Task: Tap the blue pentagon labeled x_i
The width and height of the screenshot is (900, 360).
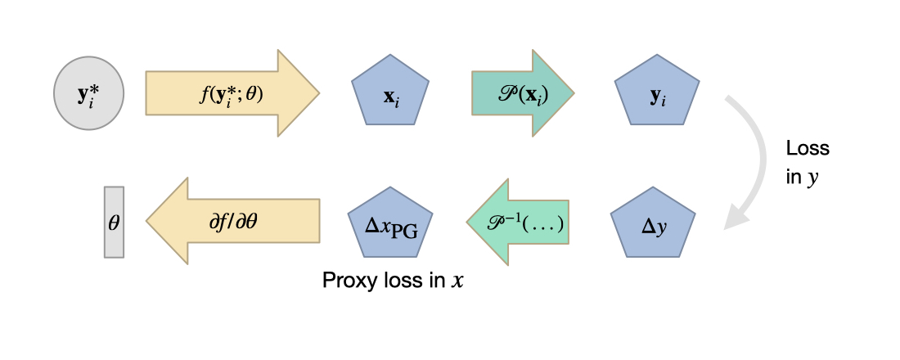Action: [391, 95]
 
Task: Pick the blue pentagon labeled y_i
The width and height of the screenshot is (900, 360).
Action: [656, 95]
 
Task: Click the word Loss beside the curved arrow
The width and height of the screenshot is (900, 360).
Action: [807, 149]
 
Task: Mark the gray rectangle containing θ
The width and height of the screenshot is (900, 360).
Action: [114, 222]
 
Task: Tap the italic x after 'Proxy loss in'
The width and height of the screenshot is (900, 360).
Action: [458, 281]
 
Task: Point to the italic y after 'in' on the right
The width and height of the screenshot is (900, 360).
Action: [813, 176]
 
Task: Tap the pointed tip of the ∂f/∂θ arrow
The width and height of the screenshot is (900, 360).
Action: [148, 222]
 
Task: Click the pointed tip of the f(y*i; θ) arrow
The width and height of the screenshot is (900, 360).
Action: [317, 93]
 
